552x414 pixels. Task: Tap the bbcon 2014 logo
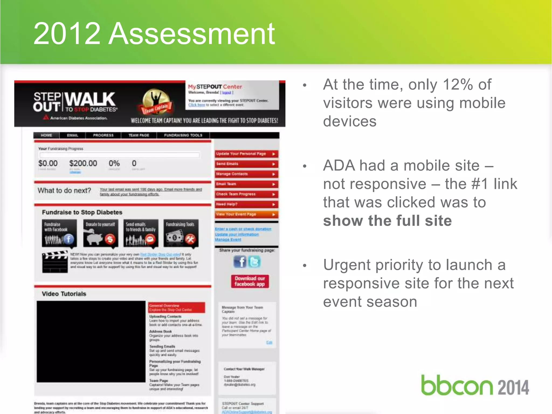point(475,385)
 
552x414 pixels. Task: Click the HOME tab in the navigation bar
point(46,135)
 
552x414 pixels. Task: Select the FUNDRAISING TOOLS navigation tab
point(183,135)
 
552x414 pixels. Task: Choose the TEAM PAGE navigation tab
point(139,135)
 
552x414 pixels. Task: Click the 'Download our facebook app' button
point(250,281)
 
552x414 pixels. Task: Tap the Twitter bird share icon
point(254,262)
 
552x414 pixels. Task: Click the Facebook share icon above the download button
point(240,262)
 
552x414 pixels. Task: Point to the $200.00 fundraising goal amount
point(83,163)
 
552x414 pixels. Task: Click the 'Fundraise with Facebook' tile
point(59,233)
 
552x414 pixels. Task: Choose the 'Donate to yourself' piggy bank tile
point(101,233)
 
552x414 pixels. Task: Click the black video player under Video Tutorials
point(91,341)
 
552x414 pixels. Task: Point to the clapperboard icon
point(55,262)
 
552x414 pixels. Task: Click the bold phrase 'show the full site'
point(387,221)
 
